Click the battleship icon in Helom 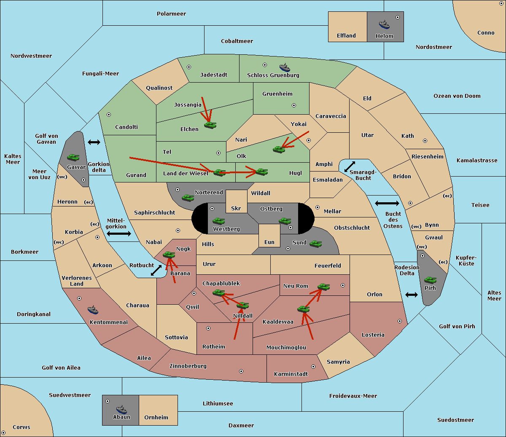384,24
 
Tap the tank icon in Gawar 73,157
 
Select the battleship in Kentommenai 93,309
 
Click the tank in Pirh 430,280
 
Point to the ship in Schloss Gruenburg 285,67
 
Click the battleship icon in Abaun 121,409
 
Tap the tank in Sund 315,244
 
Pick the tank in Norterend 188,198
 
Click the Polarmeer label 171,14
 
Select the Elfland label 346,35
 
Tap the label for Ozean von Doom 457,96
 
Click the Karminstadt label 291,374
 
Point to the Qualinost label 159,88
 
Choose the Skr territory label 236,208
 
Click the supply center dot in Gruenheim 294,105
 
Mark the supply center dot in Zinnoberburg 241,371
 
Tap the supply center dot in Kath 425,141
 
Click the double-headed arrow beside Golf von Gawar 94,142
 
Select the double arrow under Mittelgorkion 119,233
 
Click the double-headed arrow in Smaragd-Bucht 350,166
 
